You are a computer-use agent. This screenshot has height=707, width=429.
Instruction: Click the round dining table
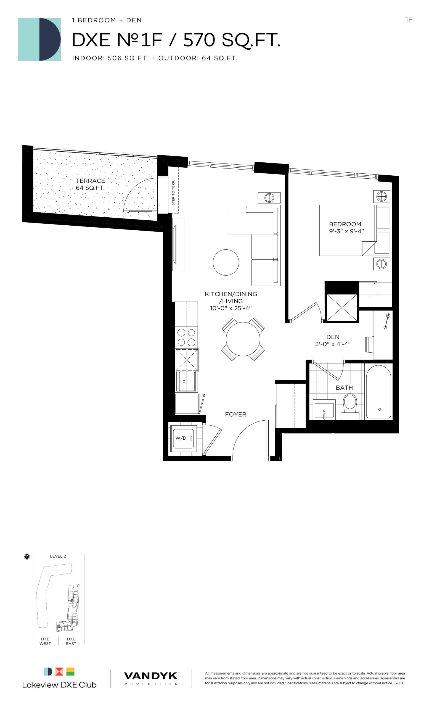(243, 339)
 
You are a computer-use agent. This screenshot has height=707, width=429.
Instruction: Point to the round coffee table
(226, 262)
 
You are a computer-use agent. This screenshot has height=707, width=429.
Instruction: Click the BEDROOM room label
(345, 224)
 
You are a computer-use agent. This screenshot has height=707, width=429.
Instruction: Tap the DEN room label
(333, 337)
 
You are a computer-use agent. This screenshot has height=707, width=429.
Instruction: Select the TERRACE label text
(90, 181)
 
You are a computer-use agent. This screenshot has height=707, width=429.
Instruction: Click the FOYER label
(235, 414)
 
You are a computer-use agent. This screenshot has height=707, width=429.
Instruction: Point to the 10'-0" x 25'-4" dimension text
(231, 308)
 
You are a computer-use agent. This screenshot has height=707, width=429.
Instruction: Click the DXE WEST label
(45, 641)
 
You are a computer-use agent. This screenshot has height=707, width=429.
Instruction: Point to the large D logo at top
(39, 39)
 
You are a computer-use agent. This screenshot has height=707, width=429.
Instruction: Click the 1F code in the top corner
(409, 20)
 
